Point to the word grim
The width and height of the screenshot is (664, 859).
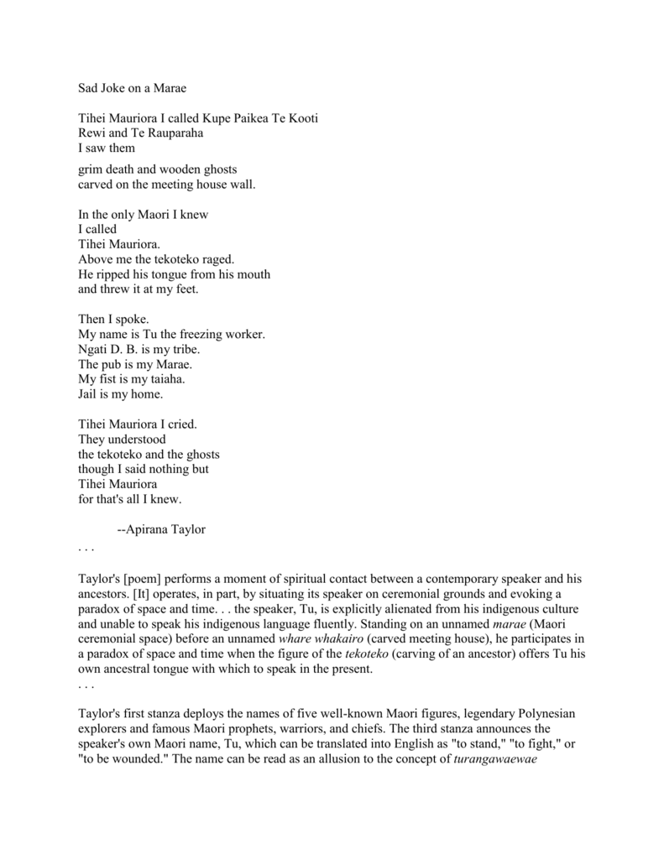point(92,169)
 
